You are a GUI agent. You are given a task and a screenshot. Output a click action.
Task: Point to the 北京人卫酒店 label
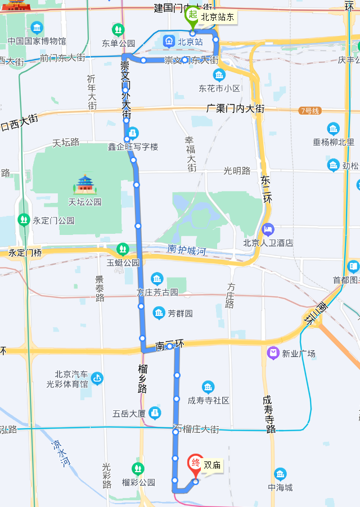pos(268,243)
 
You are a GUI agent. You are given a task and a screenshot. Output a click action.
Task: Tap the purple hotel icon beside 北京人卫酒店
pos(268,229)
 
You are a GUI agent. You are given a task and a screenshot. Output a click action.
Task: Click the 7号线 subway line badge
pos(310,111)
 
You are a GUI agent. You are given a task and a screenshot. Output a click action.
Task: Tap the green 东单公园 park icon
pos(118,30)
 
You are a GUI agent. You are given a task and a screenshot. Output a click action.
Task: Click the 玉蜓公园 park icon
pos(123,249)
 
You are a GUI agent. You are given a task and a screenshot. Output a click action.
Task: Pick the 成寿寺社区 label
pos(208,400)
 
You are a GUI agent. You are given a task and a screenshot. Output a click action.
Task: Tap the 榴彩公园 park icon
pos(138,468)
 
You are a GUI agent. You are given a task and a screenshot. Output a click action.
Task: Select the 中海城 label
pos(280,487)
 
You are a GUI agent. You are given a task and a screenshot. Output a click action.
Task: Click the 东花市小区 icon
pos(219,75)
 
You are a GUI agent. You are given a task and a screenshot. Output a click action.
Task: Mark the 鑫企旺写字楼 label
pos(133,147)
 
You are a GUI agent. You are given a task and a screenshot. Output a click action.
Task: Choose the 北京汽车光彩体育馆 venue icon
pos(97,379)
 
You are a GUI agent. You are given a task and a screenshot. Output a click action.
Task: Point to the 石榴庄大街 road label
pos(196,429)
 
